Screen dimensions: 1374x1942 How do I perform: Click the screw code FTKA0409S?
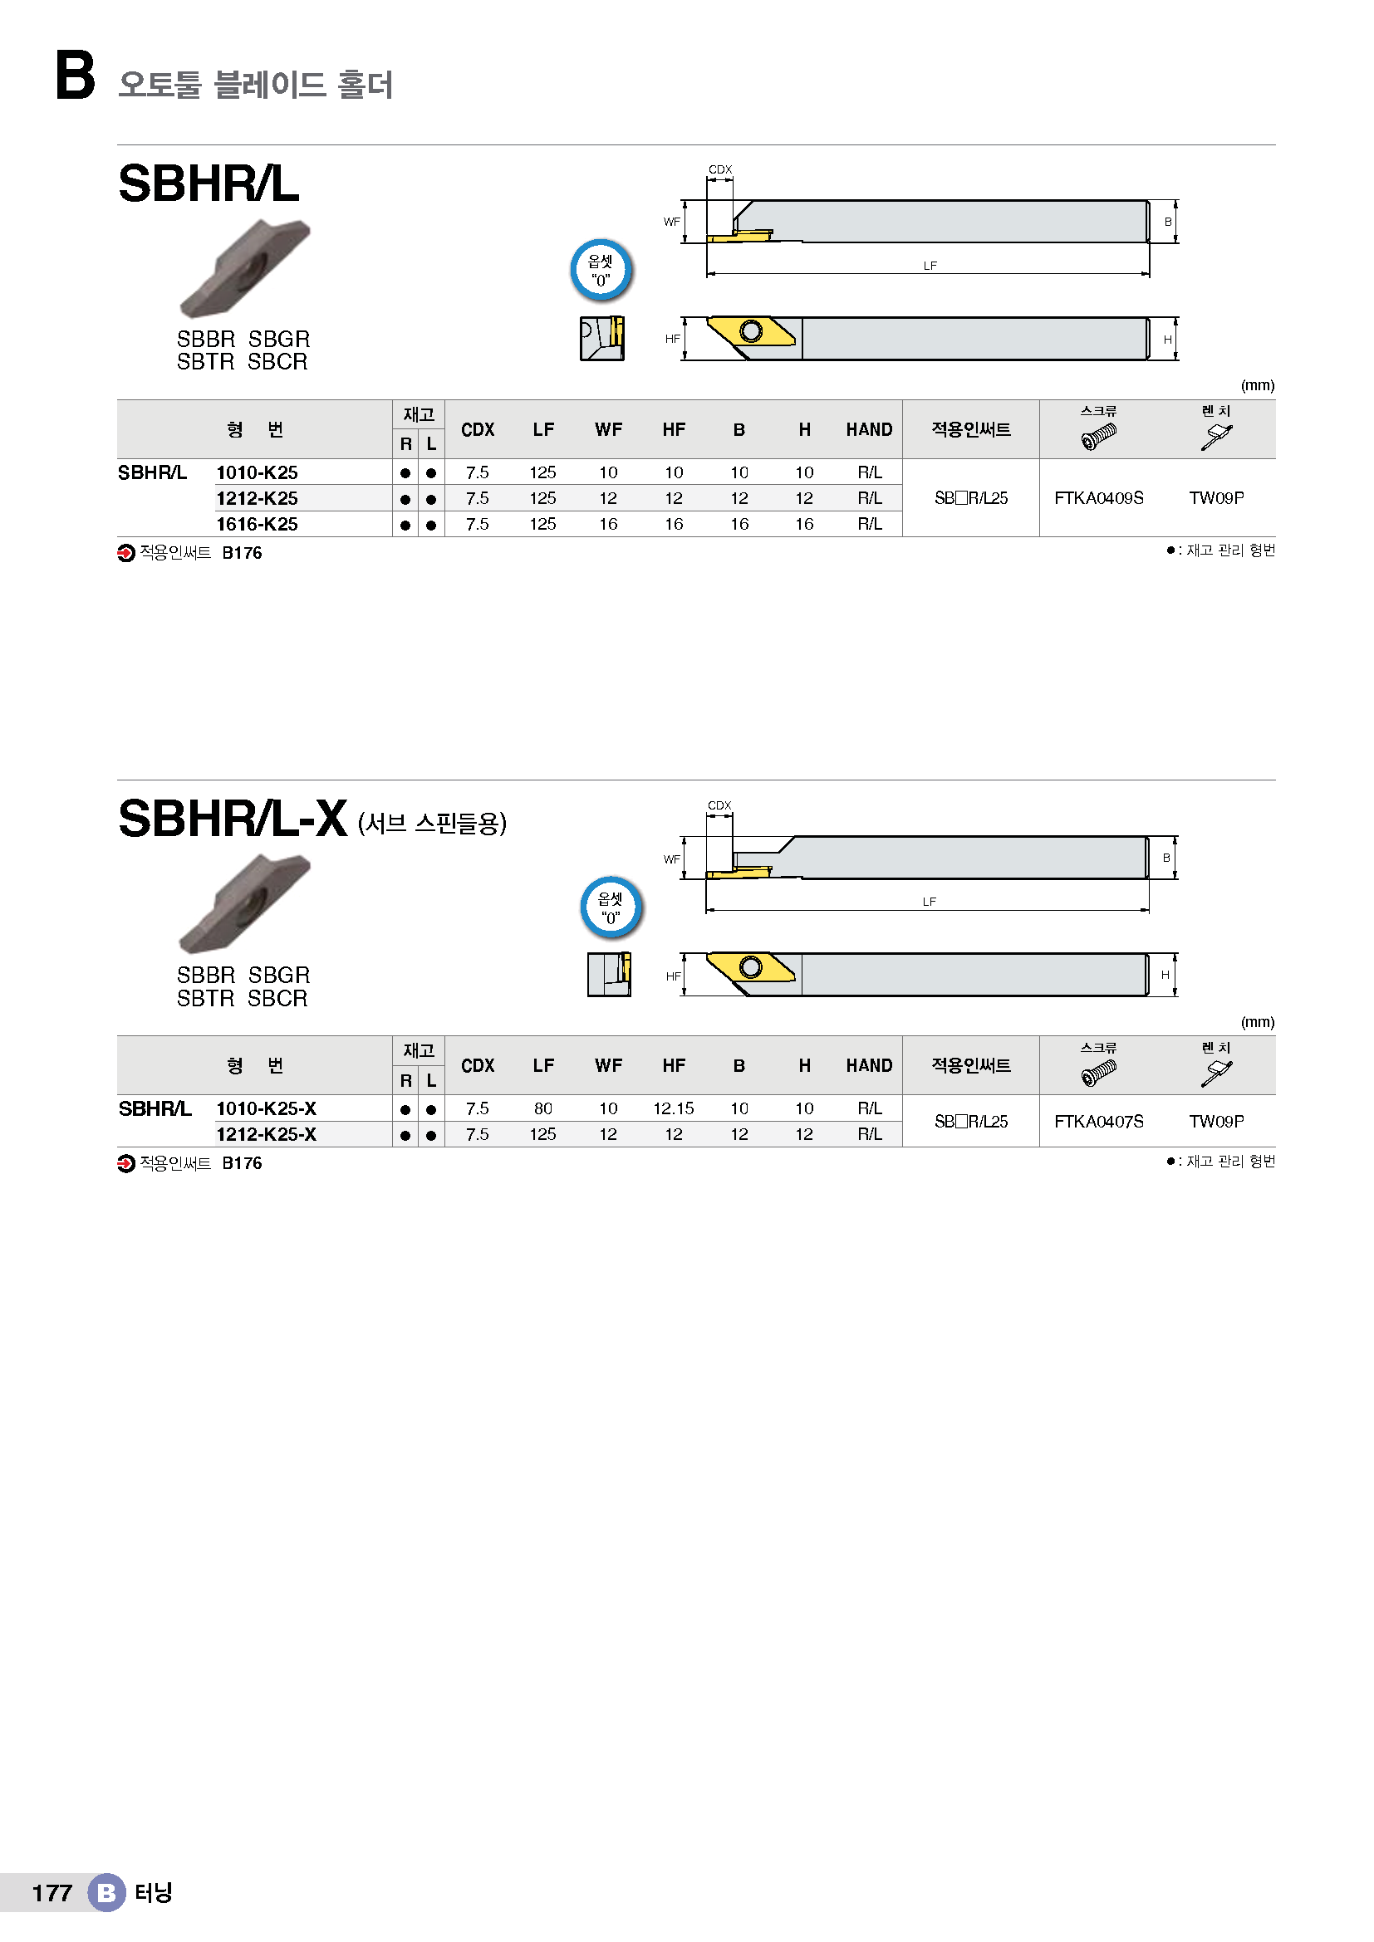[1098, 498]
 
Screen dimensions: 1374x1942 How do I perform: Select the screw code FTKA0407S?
[1098, 1122]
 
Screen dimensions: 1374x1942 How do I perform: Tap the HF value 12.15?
[674, 1108]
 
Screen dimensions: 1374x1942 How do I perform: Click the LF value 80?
[543, 1108]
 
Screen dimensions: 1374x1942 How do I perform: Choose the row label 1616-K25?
[258, 525]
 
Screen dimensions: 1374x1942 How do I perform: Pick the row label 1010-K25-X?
[267, 1109]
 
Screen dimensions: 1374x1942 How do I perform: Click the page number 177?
[52, 1893]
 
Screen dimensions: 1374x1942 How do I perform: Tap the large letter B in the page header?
[76, 76]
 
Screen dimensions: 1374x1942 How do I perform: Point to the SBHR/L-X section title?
[233, 819]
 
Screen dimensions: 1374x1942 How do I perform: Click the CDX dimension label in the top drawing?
[720, 169]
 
